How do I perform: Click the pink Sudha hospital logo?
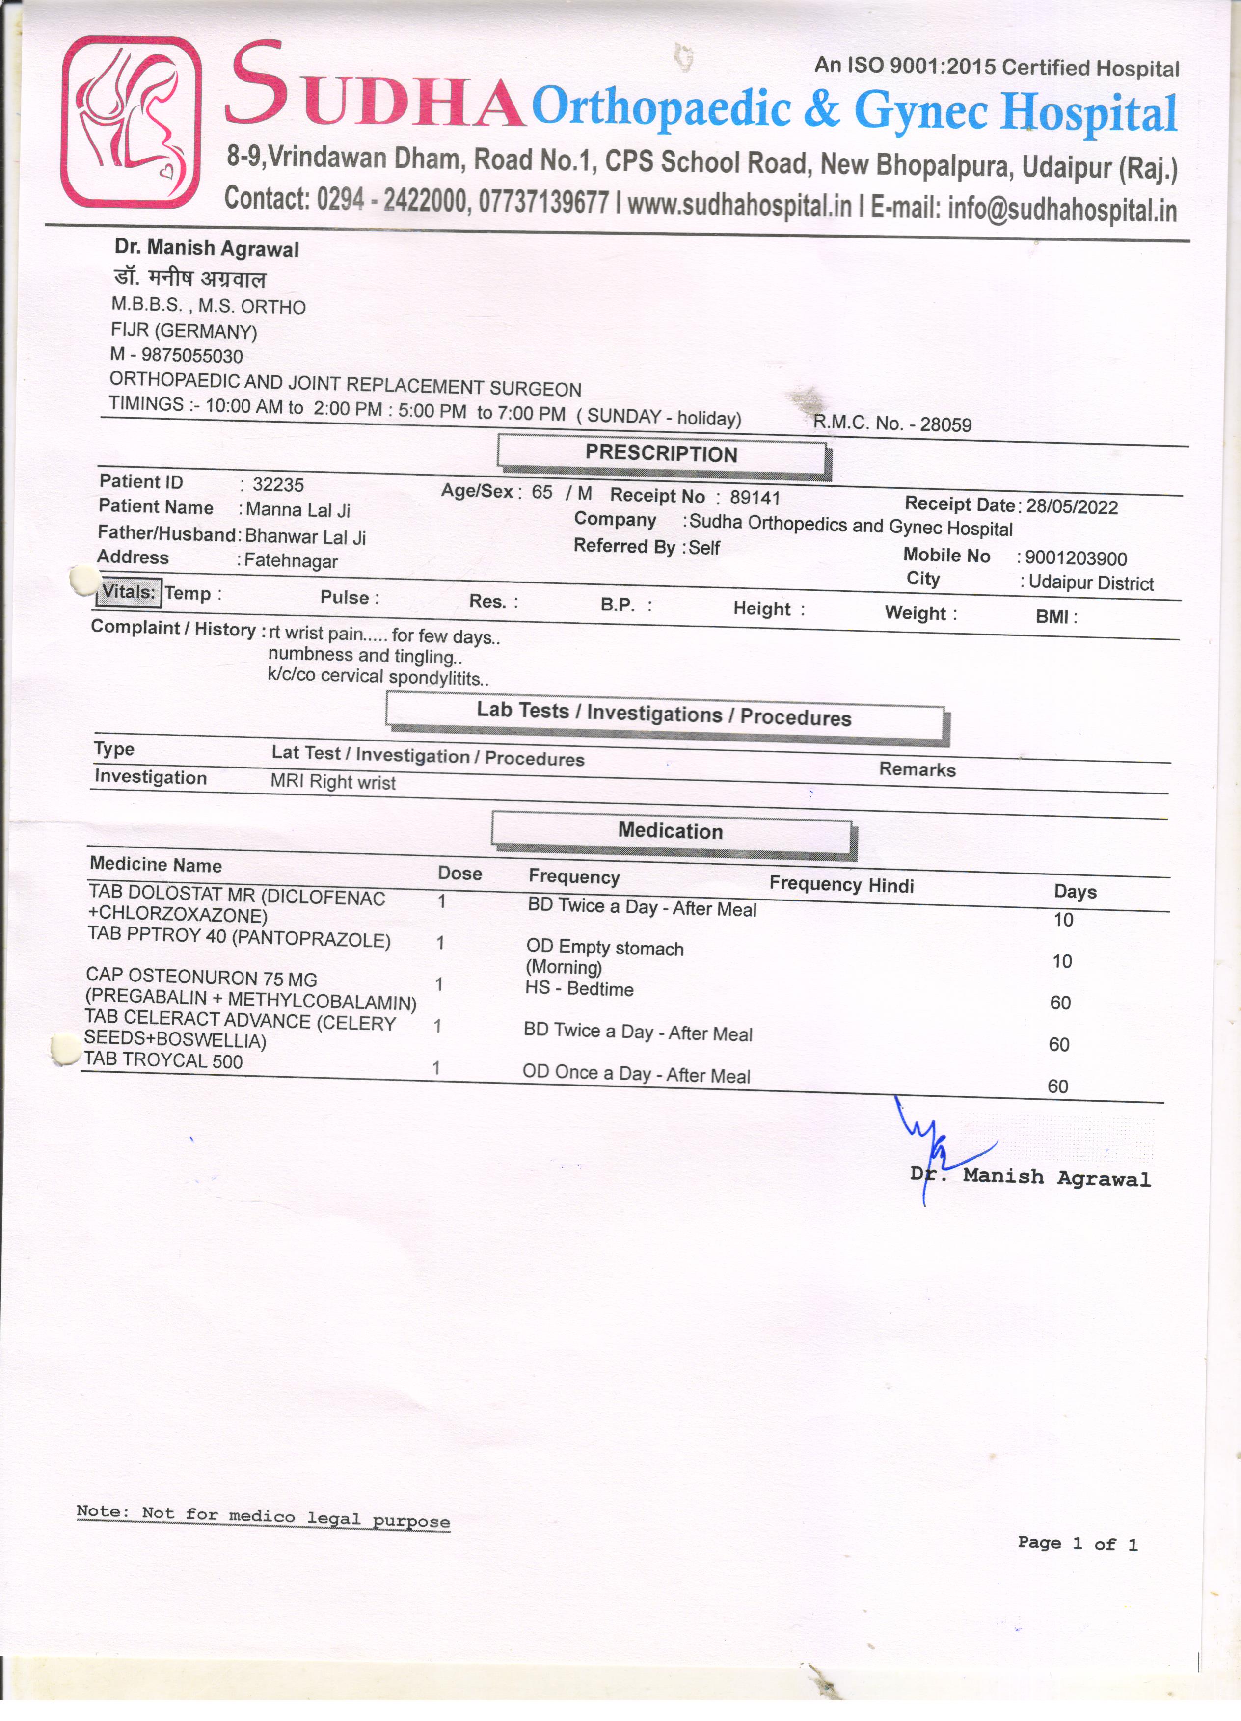131,121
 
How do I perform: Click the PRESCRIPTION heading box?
661,454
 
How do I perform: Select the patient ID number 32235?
278,485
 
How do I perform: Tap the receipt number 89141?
755,498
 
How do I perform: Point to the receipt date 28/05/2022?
1072,507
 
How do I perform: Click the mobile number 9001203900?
1076,558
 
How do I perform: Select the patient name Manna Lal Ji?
297,510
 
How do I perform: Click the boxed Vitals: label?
128,592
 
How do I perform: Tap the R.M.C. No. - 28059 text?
892,424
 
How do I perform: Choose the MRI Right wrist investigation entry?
333,782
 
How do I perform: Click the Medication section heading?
670,831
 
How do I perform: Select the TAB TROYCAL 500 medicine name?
164,1060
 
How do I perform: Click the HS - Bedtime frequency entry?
579,989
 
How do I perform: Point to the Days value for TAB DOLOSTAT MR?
1063,921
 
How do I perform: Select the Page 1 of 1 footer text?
1077,1543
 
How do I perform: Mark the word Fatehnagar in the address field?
291,561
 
